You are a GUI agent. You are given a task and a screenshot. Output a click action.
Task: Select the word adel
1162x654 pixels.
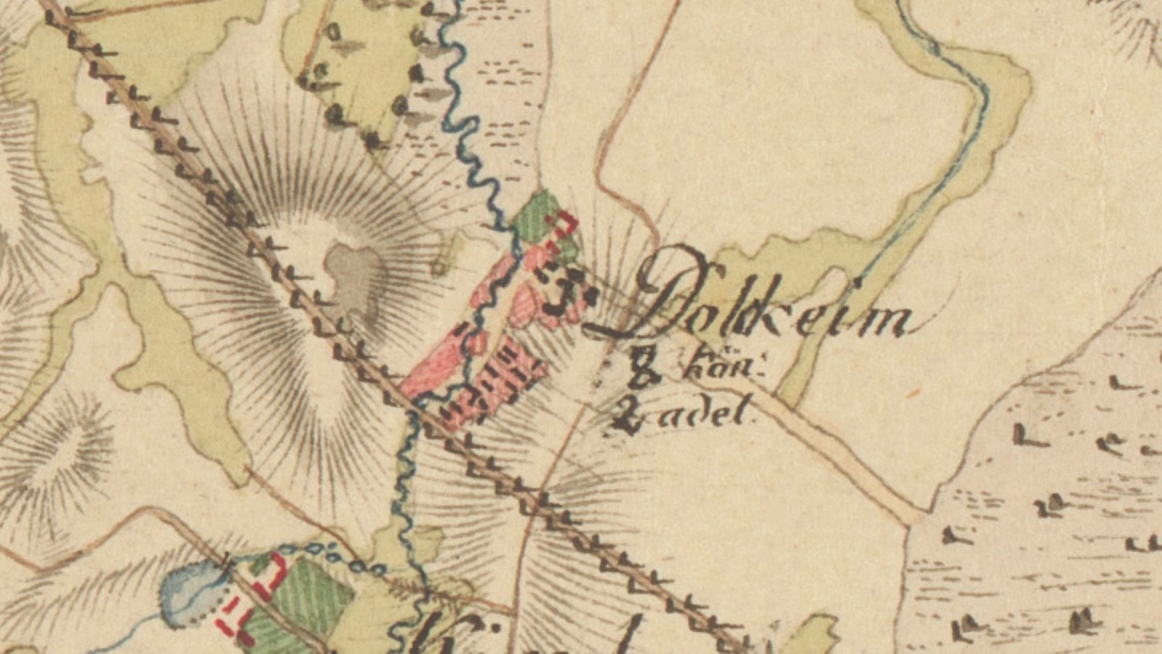[715, 415]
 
